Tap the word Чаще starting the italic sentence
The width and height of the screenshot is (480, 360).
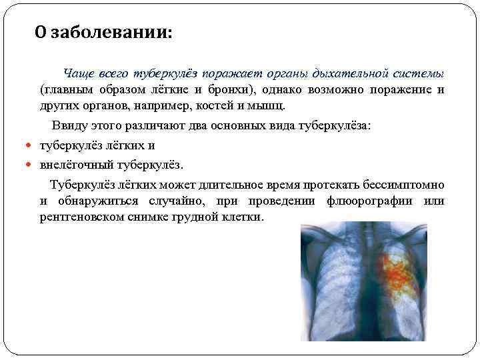point(79,73)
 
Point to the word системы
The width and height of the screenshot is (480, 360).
point(419,73)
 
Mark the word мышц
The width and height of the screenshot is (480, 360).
point(269,105)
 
